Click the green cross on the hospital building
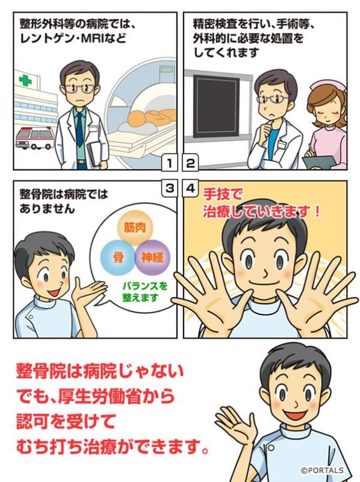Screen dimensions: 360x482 tap(25, 80)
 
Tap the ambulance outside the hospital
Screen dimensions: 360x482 tap(35, 138)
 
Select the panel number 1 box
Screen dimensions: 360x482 tap(169, 163)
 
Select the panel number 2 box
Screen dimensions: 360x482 tap(191, 163)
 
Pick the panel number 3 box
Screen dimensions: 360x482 tap(169, 187)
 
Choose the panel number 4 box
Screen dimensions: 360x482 tap(191, 187)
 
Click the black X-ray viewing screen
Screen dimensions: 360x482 tap(216, 107)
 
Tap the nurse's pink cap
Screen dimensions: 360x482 tap(329, 85)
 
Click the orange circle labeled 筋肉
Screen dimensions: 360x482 tap(135, 228)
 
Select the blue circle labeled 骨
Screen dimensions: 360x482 tap(118, 257)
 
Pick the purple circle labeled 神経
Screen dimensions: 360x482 tap(152, 257)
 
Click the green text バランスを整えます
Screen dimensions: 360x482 tap(144, 292)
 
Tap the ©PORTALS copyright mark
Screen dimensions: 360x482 tap(322, 470)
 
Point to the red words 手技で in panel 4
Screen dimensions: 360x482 tap(223, 195)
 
